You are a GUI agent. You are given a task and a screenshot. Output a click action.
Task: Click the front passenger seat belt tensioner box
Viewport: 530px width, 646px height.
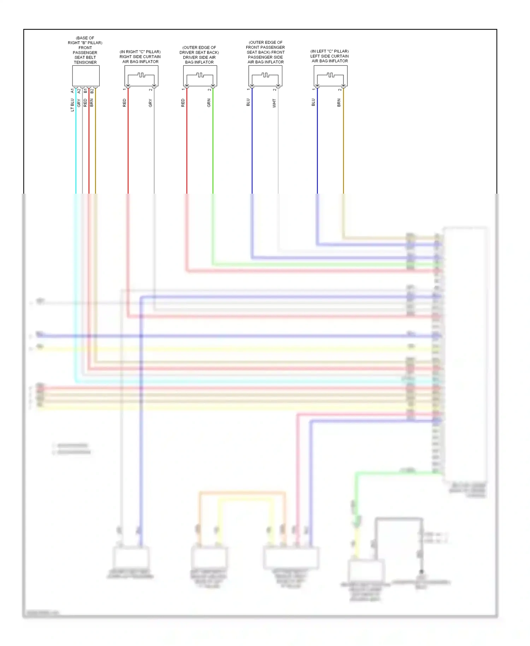click(x=86, y=76)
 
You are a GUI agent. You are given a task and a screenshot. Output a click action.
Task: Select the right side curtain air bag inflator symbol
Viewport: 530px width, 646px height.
click(x=141, y=76)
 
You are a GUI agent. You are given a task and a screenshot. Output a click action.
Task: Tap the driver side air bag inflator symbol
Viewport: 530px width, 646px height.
click(x=200, y=76)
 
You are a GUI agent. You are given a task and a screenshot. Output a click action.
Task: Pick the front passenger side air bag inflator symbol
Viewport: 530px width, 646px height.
click(x=265, y=76)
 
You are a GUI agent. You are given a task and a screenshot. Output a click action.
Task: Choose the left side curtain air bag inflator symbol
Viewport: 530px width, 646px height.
click(x=330, y=76)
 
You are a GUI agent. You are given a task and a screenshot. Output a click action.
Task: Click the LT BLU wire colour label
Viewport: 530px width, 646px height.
click(x=72, y=105)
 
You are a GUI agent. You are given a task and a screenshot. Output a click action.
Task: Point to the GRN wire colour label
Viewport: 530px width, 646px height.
click(x=209, y=103)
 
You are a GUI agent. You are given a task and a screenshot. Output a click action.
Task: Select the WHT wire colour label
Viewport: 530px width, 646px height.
click(x=274, y=103)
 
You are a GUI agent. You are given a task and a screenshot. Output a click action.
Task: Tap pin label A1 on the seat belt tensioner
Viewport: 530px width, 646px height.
click(x=72, y=91)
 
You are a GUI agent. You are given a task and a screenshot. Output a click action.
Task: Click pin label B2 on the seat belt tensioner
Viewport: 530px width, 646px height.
click(x=92, y=91)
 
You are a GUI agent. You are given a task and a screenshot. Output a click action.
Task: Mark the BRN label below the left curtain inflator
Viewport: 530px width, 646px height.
click(x=339, y=103)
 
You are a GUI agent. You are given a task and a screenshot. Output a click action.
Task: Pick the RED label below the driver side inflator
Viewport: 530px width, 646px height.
click(x=183, y=103)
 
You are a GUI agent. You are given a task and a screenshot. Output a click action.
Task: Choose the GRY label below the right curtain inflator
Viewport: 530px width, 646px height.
click(x=150, y=103)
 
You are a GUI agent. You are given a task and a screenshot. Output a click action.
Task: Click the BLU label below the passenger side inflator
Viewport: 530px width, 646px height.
click(x=248, y=102)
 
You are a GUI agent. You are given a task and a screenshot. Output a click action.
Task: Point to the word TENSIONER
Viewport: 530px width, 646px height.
click(x=85, y=63)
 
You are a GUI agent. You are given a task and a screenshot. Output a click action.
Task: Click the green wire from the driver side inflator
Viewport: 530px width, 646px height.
click(x=213, y=148)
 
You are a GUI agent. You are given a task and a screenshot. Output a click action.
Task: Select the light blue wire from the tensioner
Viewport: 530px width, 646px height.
click(x=76, y=148)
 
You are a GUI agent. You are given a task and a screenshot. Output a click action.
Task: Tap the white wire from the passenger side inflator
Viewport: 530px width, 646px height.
click(x=278, y=148)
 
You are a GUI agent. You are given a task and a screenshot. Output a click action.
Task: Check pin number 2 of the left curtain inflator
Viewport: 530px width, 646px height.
click(x=340, y=90)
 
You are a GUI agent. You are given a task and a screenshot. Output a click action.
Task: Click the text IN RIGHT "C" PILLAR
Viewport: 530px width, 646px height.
click(x=140, y=52)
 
